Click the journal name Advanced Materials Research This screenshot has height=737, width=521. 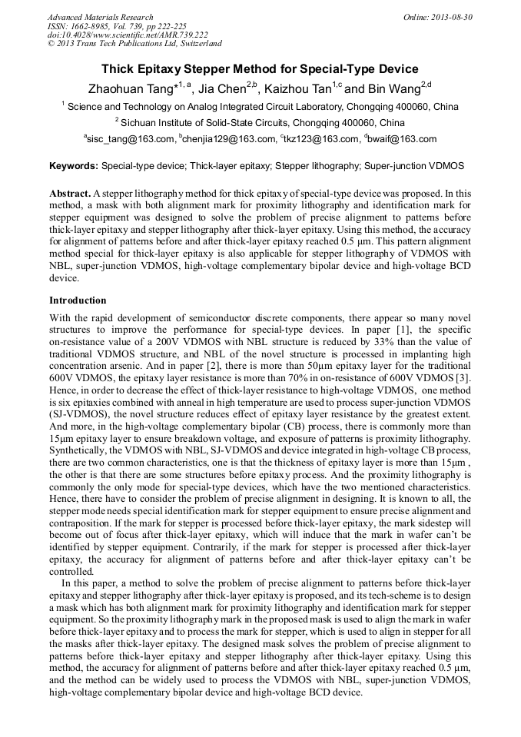click(x=100, y=17)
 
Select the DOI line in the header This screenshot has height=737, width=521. click(x=128, y=35)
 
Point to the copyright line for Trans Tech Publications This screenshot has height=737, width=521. click(x=134, y=44)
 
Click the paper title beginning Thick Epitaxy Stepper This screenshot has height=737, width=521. click(x=260, y=68)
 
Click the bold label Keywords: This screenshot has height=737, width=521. click(x=74, y=165)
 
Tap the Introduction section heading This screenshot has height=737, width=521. click(x=78, y=300)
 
